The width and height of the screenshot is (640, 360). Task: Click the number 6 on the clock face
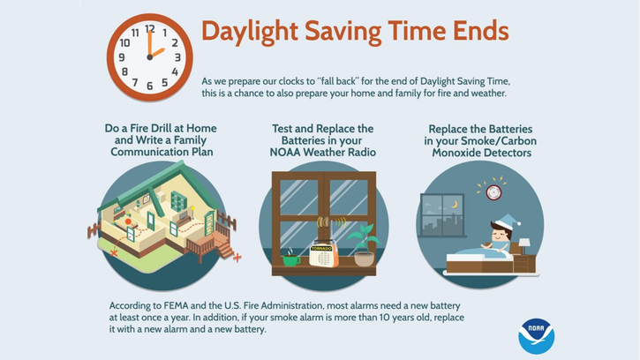150,86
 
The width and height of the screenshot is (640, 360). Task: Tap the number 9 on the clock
122,57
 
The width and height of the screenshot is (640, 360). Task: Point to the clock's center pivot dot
150,57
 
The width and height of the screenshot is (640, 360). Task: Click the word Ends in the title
481,31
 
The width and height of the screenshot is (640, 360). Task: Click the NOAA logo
536,336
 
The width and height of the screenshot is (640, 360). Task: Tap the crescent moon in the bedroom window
455,204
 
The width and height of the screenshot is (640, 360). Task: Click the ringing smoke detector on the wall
493,192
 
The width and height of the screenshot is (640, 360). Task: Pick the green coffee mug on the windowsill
291,259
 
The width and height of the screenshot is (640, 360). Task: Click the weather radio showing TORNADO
324,255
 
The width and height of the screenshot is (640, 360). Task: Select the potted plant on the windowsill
365,246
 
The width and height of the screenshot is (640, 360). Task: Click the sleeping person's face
501,234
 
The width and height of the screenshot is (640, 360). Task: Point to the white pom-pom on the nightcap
517,223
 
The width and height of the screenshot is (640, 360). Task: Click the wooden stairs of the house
222,245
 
